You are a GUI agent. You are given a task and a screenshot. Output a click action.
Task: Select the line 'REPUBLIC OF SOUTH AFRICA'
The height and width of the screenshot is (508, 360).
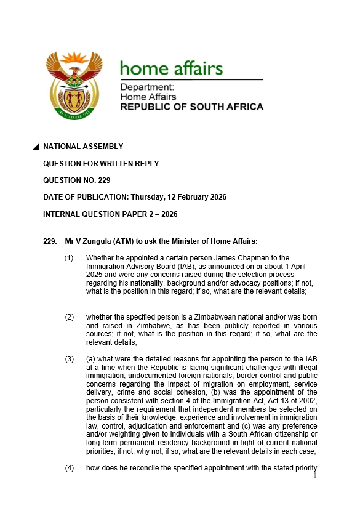[x=191, y=107]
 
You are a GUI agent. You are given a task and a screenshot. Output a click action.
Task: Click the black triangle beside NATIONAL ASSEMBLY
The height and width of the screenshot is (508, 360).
[x=36, y=147]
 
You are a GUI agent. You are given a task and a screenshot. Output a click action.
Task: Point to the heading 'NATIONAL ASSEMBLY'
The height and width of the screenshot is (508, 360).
[x=83, y=147]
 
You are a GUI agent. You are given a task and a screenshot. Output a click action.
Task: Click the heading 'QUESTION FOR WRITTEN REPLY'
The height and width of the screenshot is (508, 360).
[x=101, y=164]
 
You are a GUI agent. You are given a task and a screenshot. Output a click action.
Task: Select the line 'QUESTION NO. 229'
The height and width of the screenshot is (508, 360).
[x=77, y=180]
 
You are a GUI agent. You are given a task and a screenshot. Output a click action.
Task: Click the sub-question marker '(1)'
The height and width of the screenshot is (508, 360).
[x=70, y=258]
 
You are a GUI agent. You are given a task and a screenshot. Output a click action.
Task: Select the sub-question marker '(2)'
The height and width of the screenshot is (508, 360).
[x=70, y=317]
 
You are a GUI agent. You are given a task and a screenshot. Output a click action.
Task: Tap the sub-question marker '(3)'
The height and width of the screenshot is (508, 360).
[x=70, y=359]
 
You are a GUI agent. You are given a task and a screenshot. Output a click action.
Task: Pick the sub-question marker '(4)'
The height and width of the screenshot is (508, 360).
[x=70, y=469]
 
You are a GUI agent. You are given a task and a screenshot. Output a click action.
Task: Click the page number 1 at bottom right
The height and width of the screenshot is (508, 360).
[x=314, y=475]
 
